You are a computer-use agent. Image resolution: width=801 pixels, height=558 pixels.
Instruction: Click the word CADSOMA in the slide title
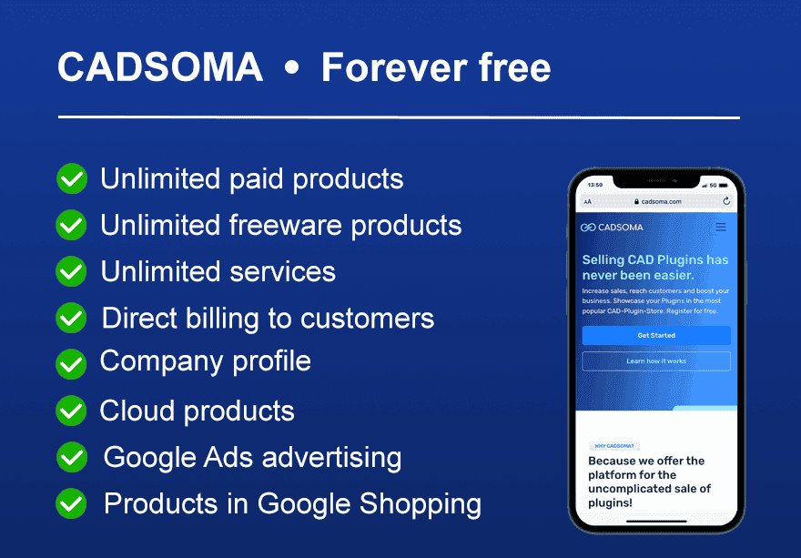point(160,67)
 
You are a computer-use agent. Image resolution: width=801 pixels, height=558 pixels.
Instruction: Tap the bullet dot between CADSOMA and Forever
point(291,68)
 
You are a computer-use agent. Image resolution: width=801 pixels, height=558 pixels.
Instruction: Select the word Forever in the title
point(394,67)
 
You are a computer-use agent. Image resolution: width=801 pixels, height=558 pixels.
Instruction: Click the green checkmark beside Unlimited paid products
point(72,178)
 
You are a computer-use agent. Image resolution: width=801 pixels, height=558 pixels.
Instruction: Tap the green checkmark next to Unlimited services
point(71,271)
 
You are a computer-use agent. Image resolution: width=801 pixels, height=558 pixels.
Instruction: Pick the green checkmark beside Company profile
point(71,364)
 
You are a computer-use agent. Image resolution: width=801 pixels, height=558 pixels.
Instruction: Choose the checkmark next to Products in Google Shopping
point(71,503)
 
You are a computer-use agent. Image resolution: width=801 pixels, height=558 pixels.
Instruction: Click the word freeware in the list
point(286,225)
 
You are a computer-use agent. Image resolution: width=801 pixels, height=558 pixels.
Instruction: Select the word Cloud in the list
point(137,411)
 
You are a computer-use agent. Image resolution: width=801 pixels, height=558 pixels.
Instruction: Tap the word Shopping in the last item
point(421,504)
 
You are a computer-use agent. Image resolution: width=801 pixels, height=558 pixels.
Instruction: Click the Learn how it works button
point(656,361)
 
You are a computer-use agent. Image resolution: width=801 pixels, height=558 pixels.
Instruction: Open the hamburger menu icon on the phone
point(721,228)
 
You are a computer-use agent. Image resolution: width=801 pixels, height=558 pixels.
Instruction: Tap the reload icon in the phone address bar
point(726,201)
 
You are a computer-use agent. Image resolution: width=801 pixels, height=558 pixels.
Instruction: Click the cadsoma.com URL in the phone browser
point(661,202)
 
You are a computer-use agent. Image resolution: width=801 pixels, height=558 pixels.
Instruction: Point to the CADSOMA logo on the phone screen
point(612,228)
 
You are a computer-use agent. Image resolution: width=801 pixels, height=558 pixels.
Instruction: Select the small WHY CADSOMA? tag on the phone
point(614,446)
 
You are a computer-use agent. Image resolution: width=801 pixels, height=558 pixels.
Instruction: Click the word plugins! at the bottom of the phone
point(610,503)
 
